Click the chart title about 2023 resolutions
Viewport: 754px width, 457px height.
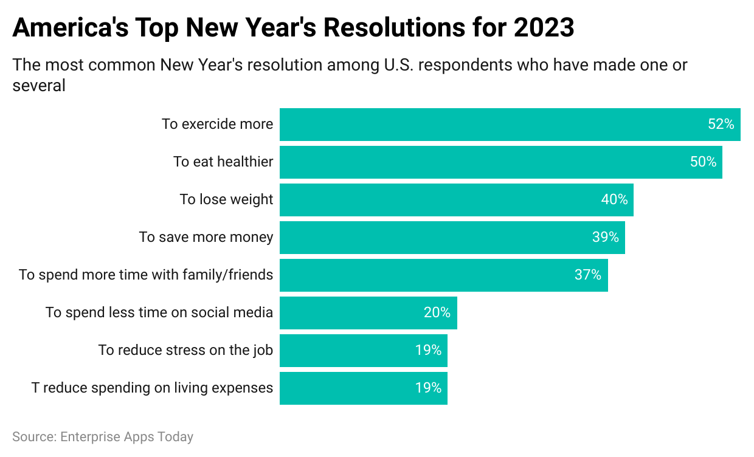[293, 28]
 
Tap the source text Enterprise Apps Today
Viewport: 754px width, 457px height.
[103, 436]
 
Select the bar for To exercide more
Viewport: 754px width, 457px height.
[486, 125]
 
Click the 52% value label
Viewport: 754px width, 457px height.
[721, 125]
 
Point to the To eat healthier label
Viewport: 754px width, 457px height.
[223, 162]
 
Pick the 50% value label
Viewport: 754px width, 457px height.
[704, 162]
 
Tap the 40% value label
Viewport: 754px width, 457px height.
[615, 199]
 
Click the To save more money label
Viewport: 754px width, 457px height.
[206, 237]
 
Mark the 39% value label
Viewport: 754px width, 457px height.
[606, 237]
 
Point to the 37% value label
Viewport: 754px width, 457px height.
[588, 275]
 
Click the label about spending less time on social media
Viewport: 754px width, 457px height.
[159, 312]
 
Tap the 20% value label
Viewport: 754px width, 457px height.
[437, 312]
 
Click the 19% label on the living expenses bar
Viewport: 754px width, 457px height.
[428, 388]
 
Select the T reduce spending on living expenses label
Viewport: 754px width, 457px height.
[152, 388]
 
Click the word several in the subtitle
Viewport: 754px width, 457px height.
[39, 86]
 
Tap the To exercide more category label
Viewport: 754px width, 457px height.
[217, 125]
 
